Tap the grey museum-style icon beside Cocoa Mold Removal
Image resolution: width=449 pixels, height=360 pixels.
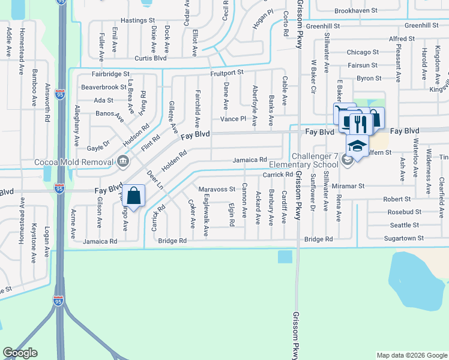tap(122, 161)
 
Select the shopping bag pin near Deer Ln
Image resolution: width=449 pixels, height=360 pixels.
tap(134, 196)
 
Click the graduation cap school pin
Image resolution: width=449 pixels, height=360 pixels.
tap(357, 146)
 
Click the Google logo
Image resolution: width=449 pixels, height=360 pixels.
tap(20, 353)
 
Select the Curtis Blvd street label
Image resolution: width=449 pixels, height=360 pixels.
tap(149, 58)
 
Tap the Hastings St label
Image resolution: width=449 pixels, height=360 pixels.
tap(138, 20)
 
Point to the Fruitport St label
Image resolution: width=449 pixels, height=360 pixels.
tap(226, 72)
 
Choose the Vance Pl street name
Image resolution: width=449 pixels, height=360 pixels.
tap(234, 119)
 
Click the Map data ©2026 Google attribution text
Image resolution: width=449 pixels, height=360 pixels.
tap(411, 355)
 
